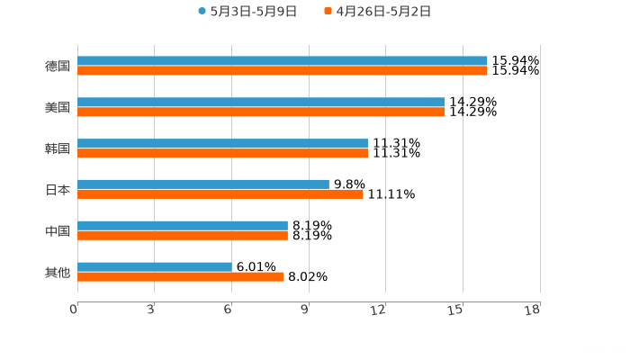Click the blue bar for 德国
click(282, 61)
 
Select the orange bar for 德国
click(282, 71)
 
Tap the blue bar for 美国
click(261, 103)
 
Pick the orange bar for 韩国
click(222, 154)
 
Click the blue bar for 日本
click(202, 184)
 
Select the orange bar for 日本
click(220, 194)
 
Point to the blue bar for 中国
click(182, 226)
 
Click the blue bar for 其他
click(154, 267)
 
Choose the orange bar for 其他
click(180, 277)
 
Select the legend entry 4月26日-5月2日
click(377, 12)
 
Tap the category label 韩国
click(57, 148)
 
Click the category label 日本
click(57, 190)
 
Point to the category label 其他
click(57, 272)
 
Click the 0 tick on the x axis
click(75, 310)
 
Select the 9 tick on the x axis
click(306, 310)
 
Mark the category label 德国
click(57, 66)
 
